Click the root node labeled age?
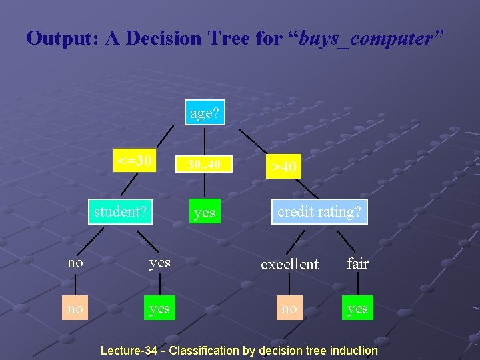tap(205, 113)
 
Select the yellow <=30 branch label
tap(135, 161)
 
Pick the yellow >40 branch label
tap(284, 166)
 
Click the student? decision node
tap(120, 212)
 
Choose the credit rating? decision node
tap(319, 212)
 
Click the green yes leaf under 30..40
tap(204, 213)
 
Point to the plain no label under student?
tap(75, 263)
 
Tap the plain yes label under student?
tap(159, 263)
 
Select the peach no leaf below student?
tap(75, 309)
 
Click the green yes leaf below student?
tap(159, 309)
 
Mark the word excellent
tap(289, 264)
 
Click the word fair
tap(357, 264)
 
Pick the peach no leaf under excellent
tap(289, 309)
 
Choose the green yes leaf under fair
tap(357, 309)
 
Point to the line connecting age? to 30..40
tap(205, 140)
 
